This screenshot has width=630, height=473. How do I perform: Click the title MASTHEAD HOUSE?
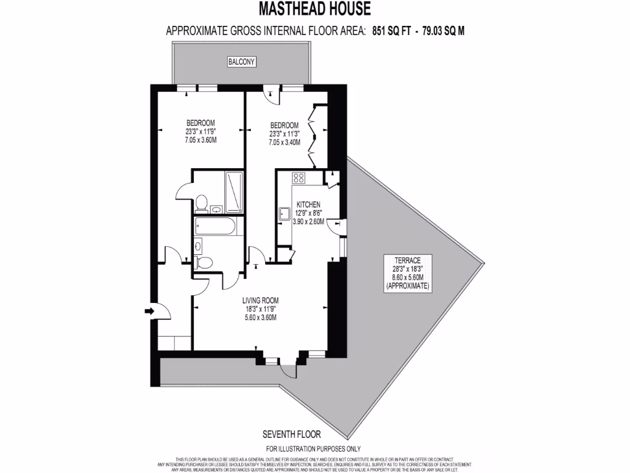click(x=314, y=9)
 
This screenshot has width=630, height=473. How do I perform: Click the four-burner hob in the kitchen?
click(x=299, y=178)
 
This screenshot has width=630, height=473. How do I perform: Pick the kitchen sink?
click(x=284, y=214)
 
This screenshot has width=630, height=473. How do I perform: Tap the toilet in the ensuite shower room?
click(x=201, y=201)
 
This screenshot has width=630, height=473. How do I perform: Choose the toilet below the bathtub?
click(x=205, y=262)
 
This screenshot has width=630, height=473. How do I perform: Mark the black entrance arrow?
click(x=149, y=312)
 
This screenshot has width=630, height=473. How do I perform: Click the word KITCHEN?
click(x=308, y=204)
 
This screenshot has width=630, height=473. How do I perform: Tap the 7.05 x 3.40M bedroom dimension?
click(x=284, y=142)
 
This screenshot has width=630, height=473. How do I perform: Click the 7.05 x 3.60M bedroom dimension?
click(x=201, y=140)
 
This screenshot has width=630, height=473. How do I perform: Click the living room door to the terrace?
click(x=287, y=370)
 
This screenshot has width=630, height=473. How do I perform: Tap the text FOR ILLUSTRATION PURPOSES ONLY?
click(x=313, y=449)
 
